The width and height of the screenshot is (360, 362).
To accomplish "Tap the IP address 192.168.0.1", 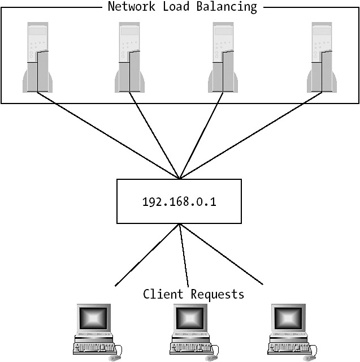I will point(179,201).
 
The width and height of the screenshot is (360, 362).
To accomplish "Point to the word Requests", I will point(218,294).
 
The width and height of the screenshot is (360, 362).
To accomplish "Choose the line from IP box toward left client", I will point(147,254).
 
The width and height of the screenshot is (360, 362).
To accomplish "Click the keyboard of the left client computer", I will point(94,346).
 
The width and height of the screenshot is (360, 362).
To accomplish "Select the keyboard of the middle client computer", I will point(190,346).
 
